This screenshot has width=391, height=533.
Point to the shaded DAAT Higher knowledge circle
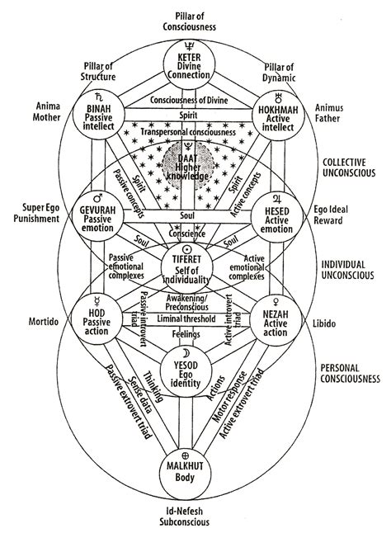pyautogui.click(x=196, y=159)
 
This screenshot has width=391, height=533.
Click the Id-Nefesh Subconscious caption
pyautogui.click(x=195, y=515)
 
